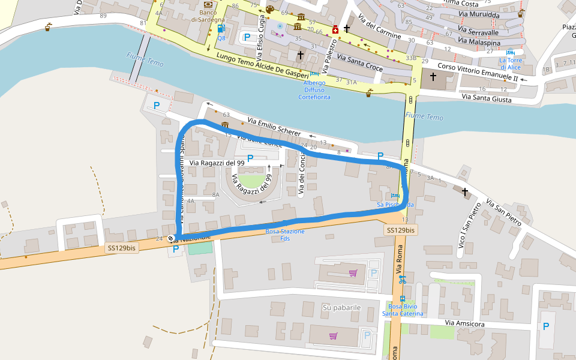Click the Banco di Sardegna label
208,16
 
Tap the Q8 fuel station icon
221,28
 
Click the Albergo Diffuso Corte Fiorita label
314,90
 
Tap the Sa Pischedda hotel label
395,205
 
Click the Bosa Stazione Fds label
285,235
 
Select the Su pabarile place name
341,307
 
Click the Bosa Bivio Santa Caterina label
403,310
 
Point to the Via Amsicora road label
464,323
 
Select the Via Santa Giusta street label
486,98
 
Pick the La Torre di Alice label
511,64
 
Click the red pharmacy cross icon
335,29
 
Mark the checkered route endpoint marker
171,238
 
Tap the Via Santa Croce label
359,62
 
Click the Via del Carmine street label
379,26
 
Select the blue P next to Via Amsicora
545,326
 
